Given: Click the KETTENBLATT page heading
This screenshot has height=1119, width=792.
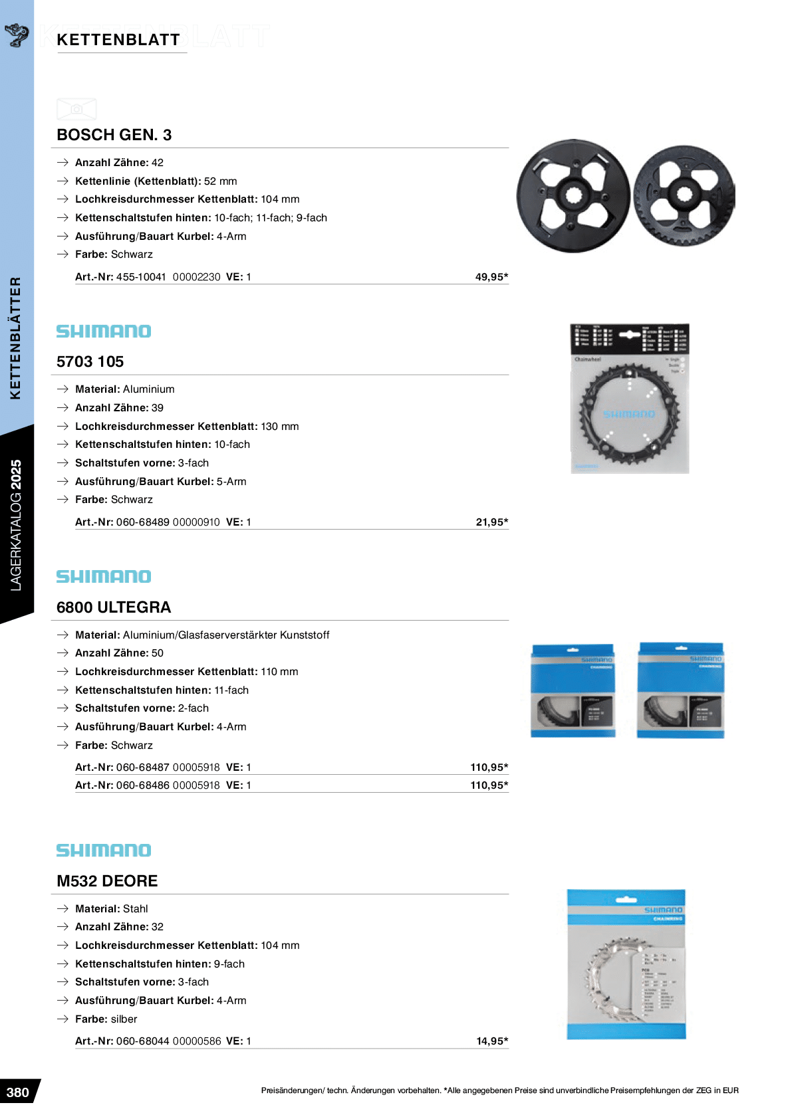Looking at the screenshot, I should pyautogui.click(x=118, y=40).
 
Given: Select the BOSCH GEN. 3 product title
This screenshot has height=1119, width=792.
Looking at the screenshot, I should pyautogui.click(x=114, y=135).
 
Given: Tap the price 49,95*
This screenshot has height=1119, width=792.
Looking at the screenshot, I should pyautogui.click(x=491, y=277).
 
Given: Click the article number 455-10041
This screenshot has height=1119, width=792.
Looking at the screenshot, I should pyautogui.click(x=141, y=277).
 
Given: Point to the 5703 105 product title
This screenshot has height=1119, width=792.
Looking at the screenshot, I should pyautogui.click(x=90, y=362).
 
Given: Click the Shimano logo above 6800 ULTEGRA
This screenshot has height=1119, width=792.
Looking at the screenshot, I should pyautogui.click(x=104, y=577).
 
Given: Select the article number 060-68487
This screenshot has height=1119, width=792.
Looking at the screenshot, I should pyautogui.click(x=143, y=767).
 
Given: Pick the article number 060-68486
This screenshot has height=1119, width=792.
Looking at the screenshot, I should pyautogui.click(x=143, y=785).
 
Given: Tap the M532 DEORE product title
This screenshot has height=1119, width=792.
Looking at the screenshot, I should pyautogui.click(x=107, y=881).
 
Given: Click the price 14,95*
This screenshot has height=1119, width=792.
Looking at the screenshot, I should pyautogui.click(x=492, y=1041).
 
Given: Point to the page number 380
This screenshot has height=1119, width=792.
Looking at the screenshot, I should pyautogui.click(x=18, y=1092).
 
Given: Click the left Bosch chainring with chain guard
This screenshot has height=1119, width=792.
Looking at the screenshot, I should pyautogui.click(x=573, y=196).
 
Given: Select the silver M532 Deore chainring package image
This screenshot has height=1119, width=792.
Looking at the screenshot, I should pyautogui.click(x=626, y=964).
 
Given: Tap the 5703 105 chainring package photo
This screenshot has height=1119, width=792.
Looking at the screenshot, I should pyautogui.click(x=629, y=399).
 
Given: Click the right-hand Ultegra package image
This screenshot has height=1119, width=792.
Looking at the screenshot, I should pyautogui.click(x=680, y=690).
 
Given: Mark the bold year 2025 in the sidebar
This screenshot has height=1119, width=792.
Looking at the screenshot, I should pyautogui.click(x=16, y=474).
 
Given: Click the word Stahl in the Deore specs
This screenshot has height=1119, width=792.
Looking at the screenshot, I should pyautogui.click(x=136, y=909).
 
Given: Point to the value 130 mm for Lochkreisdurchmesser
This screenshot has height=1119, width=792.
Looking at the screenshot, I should pyautogui.click(x=281, y=427).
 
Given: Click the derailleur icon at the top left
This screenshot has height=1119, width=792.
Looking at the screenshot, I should pyautogui.click(x=17, y=34).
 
